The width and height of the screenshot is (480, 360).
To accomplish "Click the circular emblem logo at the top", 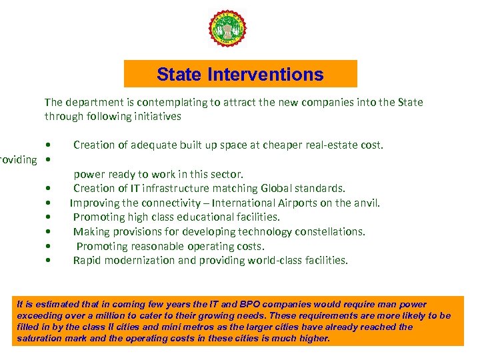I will (x=228, y=29).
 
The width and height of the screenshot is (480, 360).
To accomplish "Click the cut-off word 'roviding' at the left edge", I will (x=19, y=160).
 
